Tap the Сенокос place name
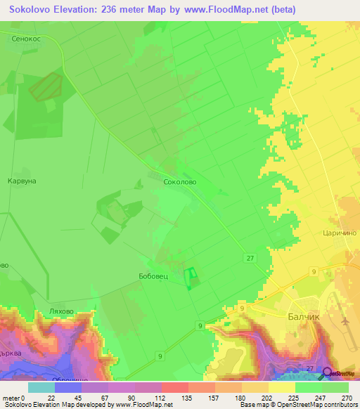[x=28, y=39]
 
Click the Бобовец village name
[x=153, y=277]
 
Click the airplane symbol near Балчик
[x=346, y=320]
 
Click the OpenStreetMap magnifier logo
[x=328, y=372]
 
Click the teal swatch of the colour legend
[x=41, y=387]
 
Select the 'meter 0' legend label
[x=13, y=398]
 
